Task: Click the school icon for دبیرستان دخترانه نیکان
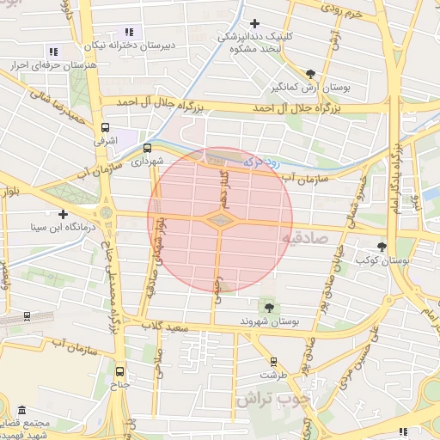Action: [130, 32]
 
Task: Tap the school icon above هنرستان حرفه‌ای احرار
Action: [53, 52]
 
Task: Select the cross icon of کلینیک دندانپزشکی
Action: [254, 23]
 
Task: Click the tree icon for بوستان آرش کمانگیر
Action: [310, 74]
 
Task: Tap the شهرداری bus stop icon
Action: [147, 147]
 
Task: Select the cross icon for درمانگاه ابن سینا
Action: [62, 214]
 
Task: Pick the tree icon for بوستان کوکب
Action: [382, 246]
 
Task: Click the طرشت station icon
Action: [273, 362]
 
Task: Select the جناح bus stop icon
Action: [119, 372]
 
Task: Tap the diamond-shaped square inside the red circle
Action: [220, 221]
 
